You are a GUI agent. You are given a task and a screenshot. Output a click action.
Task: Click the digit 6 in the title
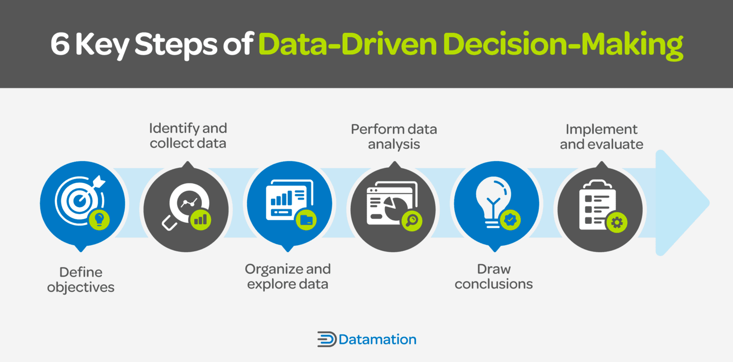[60, 44]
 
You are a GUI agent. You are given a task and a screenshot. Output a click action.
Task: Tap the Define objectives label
[81, 279]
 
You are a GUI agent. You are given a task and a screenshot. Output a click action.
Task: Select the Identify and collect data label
[188, 136]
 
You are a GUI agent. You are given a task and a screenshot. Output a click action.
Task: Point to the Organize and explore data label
[288, 276]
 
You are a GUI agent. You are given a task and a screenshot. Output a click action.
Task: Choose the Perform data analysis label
[394, 136]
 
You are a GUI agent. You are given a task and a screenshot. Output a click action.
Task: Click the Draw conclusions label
[494, 276]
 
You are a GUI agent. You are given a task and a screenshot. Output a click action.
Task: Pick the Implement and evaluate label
[601, 136]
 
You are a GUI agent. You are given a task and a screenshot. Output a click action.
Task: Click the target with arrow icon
[80, 200]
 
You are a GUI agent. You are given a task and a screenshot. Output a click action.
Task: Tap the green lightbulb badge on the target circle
[99, 220]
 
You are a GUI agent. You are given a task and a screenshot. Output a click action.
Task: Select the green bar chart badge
[200, 220]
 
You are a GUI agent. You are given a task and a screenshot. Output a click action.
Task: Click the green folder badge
[306, 220]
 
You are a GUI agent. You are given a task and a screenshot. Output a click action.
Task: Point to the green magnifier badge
[412, 221]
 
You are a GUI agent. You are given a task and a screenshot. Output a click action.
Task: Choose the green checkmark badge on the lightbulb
[510, 220]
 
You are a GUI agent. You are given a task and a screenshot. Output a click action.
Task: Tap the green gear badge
[617, 223]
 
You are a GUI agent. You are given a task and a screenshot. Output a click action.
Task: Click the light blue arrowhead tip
[709, 203]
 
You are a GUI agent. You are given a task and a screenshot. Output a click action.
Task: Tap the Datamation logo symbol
[326, 339]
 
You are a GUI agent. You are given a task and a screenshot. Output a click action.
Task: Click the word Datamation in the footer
[377, 340]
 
